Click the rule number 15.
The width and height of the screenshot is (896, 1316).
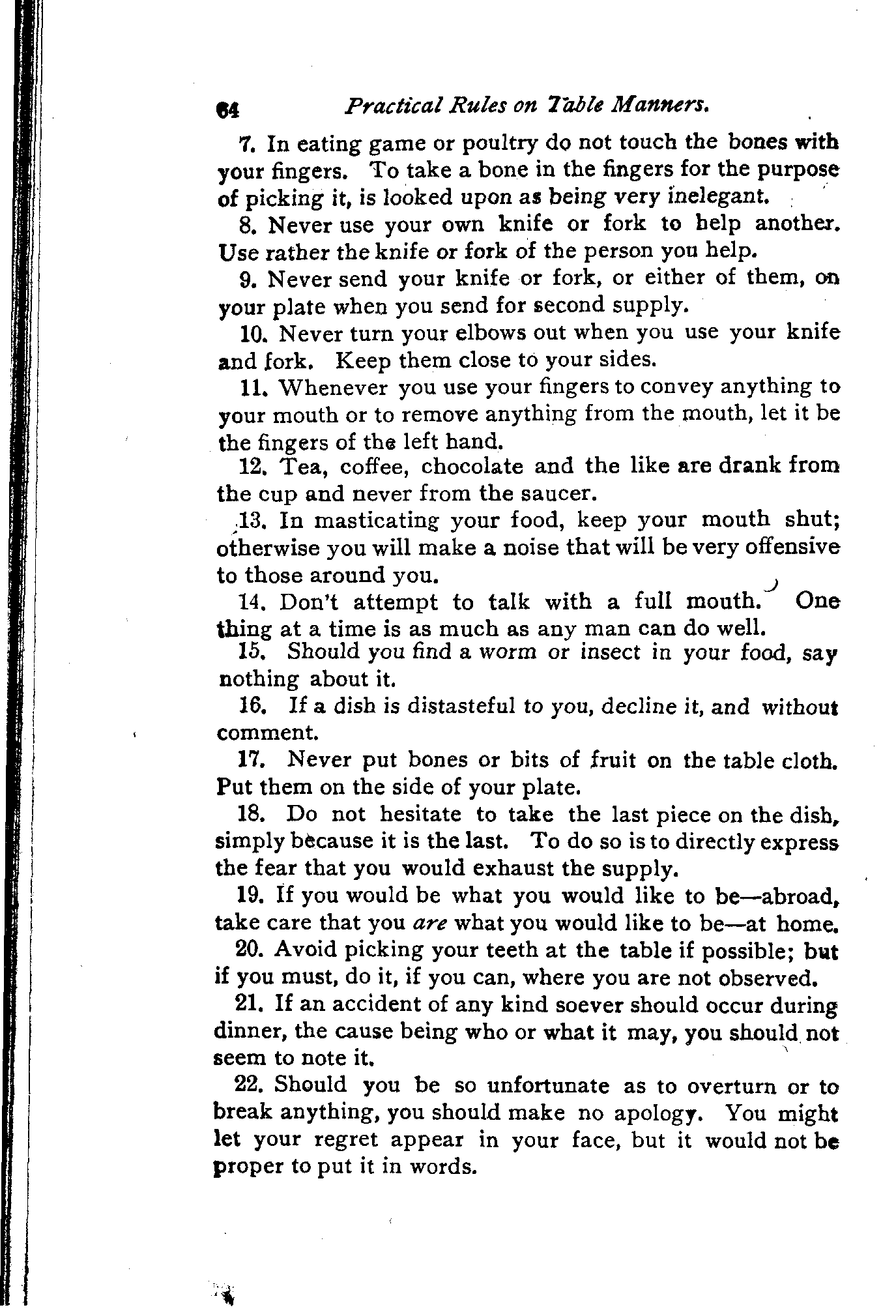click(250, 651)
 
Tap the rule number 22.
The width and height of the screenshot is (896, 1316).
click(248, 1085)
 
